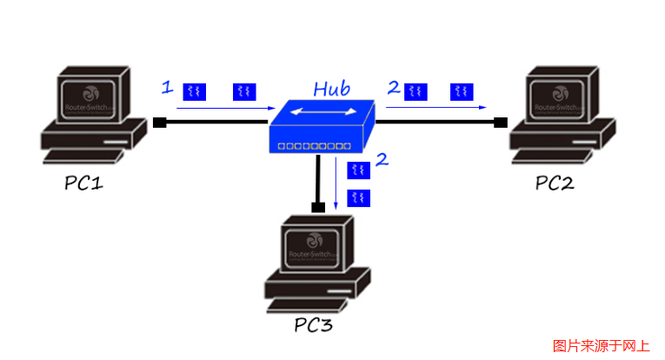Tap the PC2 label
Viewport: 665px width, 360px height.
coord(555,183)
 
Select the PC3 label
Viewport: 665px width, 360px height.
coord(313,326)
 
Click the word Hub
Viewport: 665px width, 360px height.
coord(331,89)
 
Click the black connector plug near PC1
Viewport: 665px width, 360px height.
coord(159,123)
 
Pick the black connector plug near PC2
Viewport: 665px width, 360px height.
coord(500,123)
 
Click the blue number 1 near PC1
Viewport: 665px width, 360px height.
coord(168,87)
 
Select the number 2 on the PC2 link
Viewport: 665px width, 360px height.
coord(394,87)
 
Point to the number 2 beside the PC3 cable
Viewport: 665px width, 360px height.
coord(381,160)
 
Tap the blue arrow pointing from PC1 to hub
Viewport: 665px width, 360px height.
coord(222,108)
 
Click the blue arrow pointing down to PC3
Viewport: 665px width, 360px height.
coord(336,183)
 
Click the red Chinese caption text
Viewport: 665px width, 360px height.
coord(601,345)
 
